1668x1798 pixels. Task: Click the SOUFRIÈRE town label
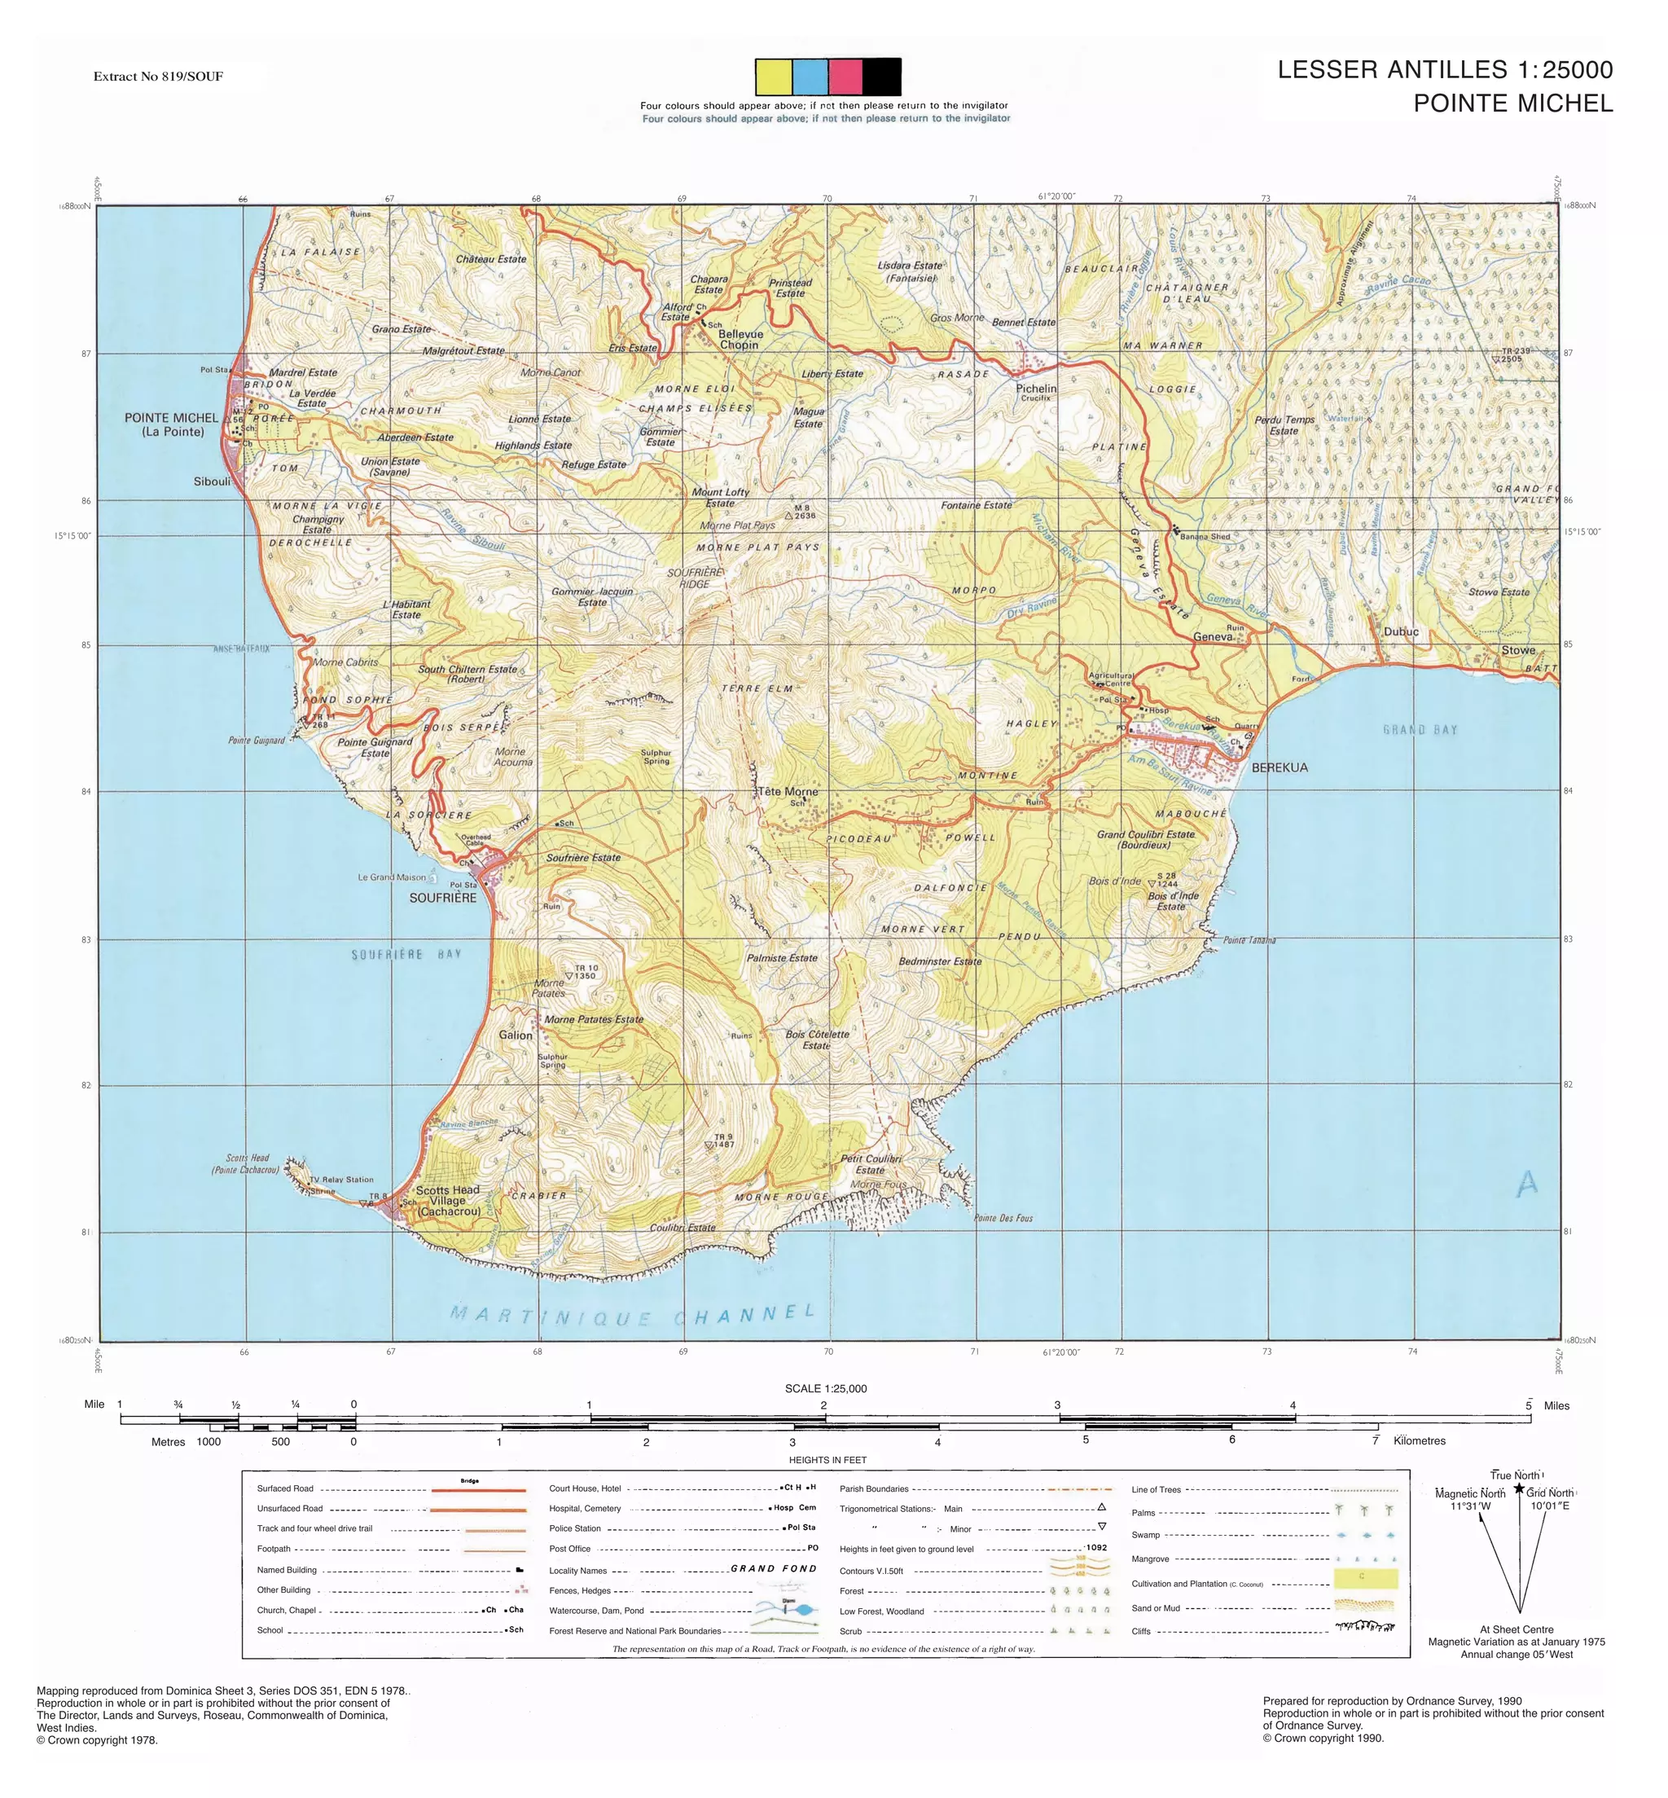pos(442,897)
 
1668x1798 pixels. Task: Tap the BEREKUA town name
pos(1279,767)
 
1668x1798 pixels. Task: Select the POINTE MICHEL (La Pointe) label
pos(172,424)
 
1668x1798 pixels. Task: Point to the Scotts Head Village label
pos(448,1201)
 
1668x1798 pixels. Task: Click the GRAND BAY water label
pos(1420,729)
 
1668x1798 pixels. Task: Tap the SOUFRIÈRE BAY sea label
pos(406,954)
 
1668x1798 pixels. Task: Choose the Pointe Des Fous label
pos(1003,1218)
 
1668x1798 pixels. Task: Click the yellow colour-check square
pos(774,77)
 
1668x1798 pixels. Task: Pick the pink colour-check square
pos(845,77)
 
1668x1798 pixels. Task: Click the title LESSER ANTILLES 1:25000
pos(1444,69)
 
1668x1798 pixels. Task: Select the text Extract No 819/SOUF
pos(158,77)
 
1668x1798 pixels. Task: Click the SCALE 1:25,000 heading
pos(825,1388)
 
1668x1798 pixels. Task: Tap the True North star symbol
pos(1519,1488)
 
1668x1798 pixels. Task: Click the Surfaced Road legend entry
pos(285,1488)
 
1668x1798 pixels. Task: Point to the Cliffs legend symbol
pos(1365,1628)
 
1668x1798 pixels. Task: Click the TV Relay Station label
pos(341,1180)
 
